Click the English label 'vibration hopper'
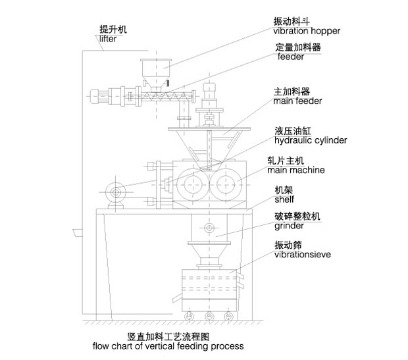(307, 31)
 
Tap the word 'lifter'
(108, 39)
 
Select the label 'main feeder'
(297, 101)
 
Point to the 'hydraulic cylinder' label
(311, 141)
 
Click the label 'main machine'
(296, 170)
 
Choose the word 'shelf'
(284, 199)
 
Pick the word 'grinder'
(289, 226)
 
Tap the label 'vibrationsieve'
(303, 254)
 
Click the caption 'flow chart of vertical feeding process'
(168, 346)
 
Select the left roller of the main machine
(193, 184)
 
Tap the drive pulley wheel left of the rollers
(116, 193)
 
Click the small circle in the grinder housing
(209, 228)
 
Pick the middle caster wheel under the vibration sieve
(209, 317)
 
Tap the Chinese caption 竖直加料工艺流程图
(168, 337)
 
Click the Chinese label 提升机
(113, 30)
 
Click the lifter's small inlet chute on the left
(78, 233)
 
